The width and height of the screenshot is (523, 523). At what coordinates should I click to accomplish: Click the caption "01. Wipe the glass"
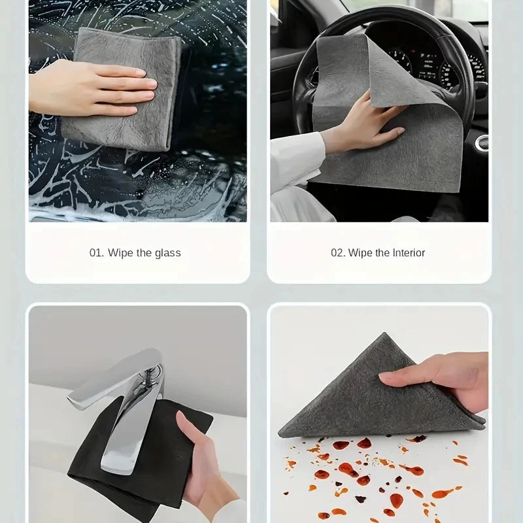[135, 253]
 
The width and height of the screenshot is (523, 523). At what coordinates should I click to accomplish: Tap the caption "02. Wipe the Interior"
[377, 253]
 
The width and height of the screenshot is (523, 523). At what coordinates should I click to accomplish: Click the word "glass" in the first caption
[168, 253]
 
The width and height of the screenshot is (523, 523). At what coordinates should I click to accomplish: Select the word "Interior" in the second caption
[409, 253]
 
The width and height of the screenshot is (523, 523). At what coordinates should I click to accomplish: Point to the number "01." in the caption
[97, 253]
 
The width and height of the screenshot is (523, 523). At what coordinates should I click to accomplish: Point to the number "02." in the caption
[338, 253]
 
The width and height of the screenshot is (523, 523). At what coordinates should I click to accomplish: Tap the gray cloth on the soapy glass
[131, 59]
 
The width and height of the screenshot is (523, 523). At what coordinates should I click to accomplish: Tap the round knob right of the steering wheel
[481, 143]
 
